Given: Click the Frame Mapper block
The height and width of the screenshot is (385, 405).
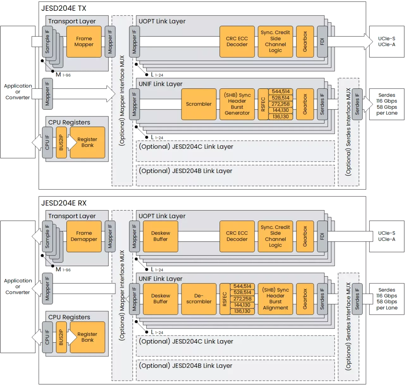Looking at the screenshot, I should click(84, 42).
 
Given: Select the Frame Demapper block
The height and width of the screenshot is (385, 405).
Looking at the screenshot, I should click(84, 236).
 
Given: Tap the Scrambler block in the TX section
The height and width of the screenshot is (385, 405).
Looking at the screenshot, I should click(199, 104).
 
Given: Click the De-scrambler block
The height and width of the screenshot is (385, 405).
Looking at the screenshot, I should click(199, 299).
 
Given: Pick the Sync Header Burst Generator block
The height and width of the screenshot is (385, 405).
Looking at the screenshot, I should click(237, 104).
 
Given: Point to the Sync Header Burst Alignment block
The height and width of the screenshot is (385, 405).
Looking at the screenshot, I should click(275, 299).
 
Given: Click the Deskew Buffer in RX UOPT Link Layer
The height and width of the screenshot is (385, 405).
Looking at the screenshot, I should click(160, 236).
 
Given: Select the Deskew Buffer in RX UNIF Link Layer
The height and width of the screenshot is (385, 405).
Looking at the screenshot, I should click(160, 299).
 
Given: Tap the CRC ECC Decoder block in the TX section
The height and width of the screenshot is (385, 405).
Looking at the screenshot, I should click(237, 42).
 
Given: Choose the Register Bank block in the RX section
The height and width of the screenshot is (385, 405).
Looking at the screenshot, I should click(87, 337).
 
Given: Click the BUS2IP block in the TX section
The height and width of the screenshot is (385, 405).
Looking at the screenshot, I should click(61, 143).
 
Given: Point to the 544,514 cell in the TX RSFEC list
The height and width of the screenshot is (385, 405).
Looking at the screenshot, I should click(281, 92).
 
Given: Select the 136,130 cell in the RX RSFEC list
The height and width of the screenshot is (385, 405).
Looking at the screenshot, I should click(242, 311).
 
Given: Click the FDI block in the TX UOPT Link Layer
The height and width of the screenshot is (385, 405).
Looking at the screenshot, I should click(322, 42).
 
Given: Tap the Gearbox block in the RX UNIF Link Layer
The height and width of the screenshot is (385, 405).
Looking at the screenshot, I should click(305, 299).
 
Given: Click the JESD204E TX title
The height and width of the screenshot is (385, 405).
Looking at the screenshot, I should click(64, 9).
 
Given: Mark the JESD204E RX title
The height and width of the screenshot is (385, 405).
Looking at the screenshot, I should click(64, 203).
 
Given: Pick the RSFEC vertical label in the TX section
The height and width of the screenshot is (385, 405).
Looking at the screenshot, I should click(263, 104).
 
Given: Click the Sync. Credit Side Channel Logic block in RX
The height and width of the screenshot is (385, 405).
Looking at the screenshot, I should click(275, 236).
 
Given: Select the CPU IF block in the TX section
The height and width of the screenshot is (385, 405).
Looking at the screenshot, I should click(47, 143).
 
